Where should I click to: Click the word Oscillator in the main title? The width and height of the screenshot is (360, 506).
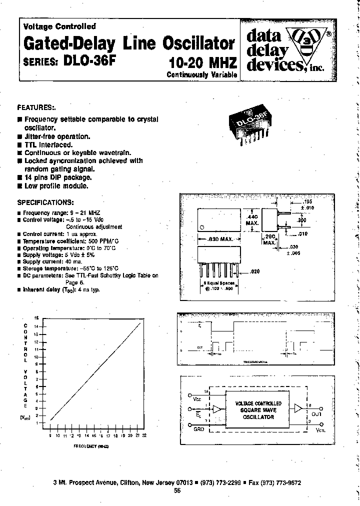point(199,43)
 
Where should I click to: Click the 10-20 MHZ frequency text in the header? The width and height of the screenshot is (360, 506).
point(203,63)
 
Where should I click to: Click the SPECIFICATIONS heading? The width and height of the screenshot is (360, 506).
point(45,202)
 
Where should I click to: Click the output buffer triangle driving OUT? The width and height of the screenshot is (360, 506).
point(298,408)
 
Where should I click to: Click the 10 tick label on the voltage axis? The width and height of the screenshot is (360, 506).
point(36,357)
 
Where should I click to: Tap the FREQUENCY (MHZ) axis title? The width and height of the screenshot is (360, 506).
point(91,445)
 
